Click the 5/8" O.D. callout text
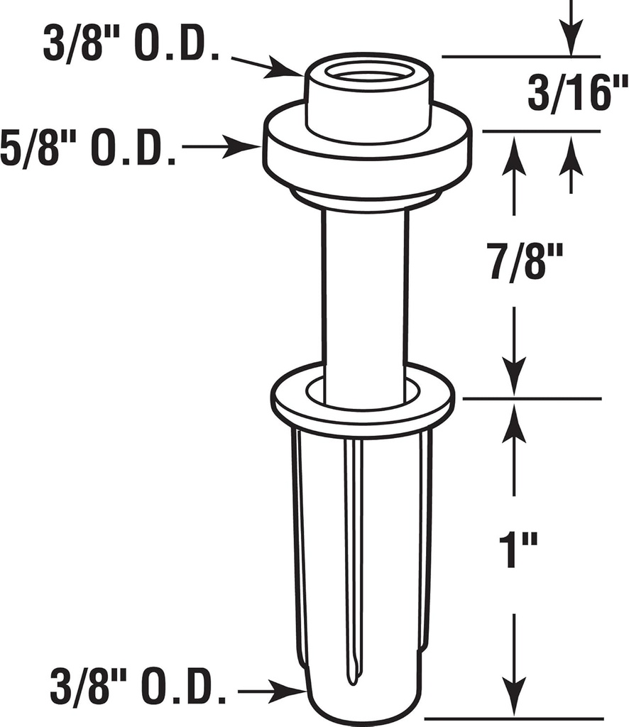coord(88,148)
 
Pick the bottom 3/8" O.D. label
coord(139,688)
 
